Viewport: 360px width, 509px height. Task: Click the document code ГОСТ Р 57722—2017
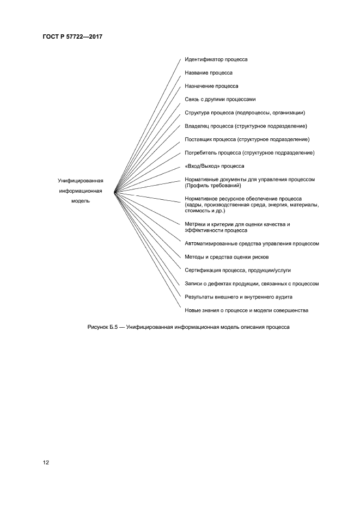(x=72, y=36)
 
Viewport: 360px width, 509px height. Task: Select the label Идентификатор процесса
(x=216, y=59)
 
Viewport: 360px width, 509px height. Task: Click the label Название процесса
(x=209, y=72)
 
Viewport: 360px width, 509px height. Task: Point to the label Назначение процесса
(x=211, y=86)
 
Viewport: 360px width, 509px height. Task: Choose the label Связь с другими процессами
(x=220, y=99)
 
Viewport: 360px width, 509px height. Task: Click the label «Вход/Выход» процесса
(x=215, y=166)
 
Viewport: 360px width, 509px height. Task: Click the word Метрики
(x=195, y=224)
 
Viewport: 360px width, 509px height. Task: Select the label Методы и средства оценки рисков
(x=226, y=257)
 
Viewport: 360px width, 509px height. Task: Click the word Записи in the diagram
(x=193, y=284)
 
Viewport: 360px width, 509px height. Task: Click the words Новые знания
(x=200, y=310)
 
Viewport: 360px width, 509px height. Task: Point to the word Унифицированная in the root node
(x=80, y=181)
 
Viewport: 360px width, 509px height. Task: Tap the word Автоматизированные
(x=210, y=243)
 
